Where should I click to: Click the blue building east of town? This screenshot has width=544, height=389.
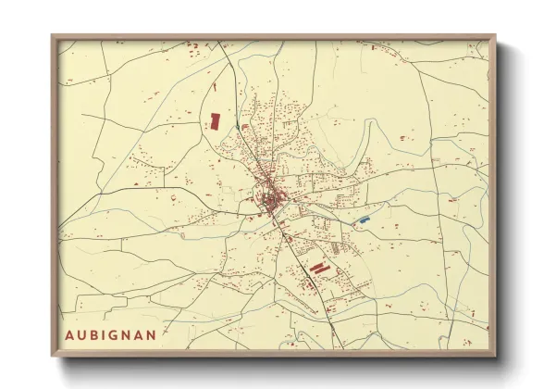click(364, 220)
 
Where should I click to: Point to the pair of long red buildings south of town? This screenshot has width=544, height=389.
click(318, 267)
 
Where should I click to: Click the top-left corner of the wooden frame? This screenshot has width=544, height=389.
click(52, 36)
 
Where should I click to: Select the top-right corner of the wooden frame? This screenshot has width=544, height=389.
click(494, 36)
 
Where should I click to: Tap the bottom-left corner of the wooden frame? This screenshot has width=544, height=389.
click(52, 356)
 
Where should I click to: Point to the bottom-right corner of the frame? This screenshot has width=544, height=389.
click(494, 356)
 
